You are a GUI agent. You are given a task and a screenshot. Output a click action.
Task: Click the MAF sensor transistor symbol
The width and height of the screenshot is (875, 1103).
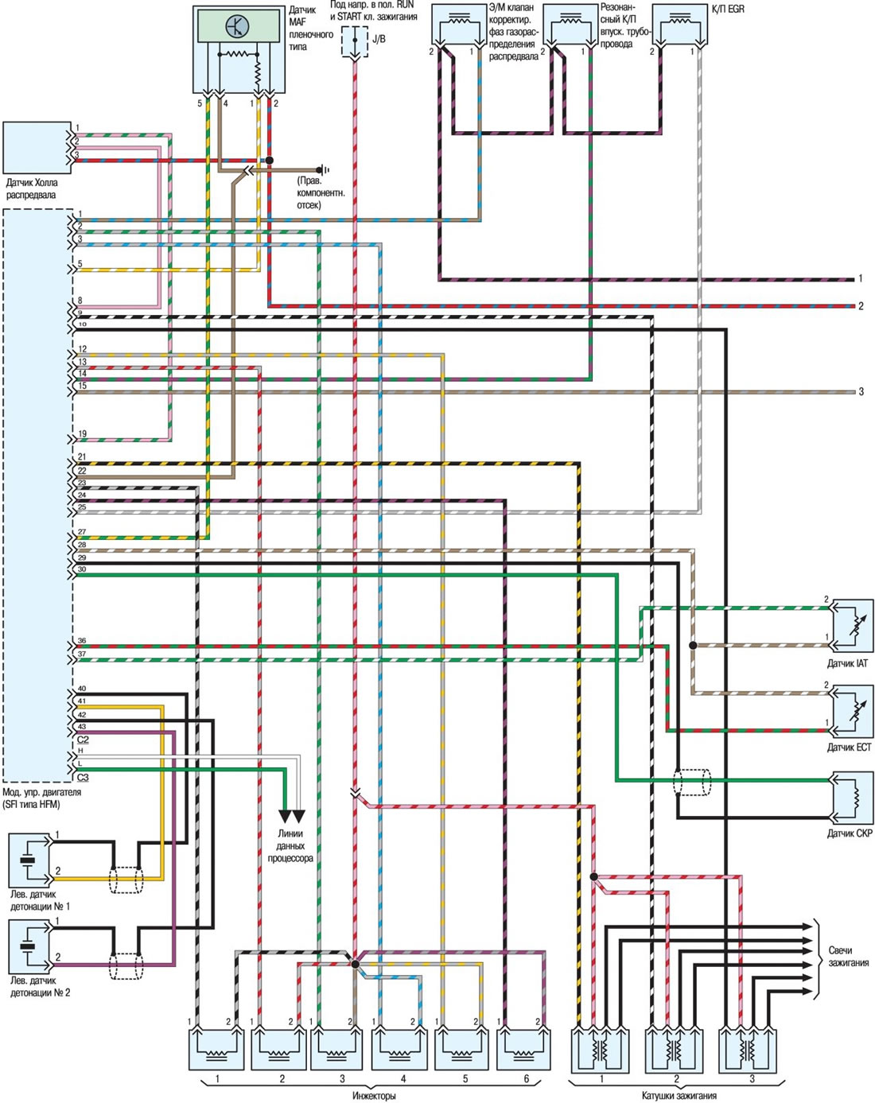tap(238, 26)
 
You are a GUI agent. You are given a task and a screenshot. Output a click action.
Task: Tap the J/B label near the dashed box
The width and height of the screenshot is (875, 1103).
tap(379, 39)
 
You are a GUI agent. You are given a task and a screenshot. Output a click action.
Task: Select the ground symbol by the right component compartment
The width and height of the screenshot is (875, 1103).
tap(323, 169)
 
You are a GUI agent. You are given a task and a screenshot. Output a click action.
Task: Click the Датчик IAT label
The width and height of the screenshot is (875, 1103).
tap(847, 663)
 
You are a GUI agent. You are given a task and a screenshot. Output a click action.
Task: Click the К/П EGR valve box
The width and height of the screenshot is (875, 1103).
tap(680, 25)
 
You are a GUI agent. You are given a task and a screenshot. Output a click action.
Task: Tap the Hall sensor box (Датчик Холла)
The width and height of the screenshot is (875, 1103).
tap(37, 148)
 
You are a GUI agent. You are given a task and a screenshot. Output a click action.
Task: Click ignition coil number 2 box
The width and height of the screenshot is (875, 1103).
tap(675, 1047)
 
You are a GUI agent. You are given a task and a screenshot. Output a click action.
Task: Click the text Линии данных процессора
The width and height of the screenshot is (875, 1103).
tap(290, 845)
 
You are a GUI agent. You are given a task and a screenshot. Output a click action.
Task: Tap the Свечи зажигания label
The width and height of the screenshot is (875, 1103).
tap(848, 957)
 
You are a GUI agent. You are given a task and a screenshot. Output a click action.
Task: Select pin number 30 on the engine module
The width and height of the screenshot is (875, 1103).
tap(82, 569)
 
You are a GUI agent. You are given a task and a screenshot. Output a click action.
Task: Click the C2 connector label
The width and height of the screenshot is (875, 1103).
tap(83, 740)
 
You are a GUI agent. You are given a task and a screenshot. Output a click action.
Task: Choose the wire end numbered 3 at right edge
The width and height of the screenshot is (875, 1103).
tap(861, 391)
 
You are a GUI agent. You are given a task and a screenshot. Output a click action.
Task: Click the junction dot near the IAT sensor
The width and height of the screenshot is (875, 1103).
tap(692, 646)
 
